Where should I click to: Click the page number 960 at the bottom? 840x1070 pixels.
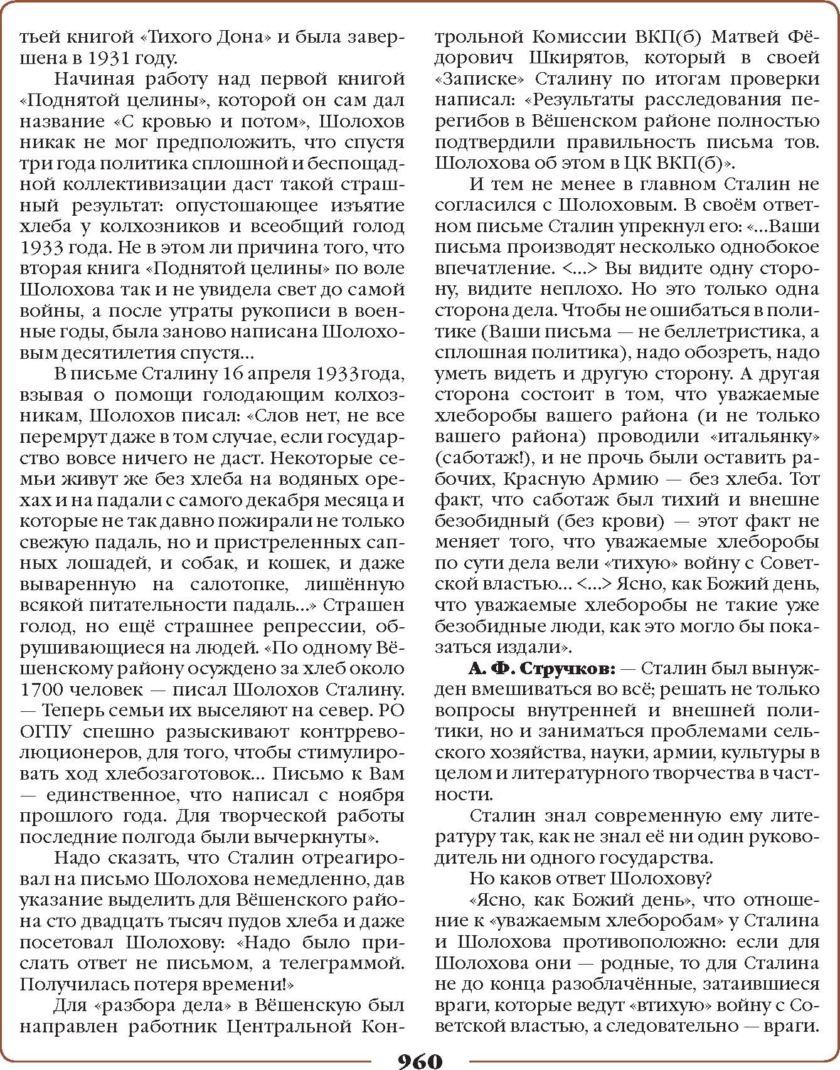(420, 1059)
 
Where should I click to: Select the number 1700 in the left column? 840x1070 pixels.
(43, 690)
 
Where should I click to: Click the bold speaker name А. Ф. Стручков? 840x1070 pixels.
(543, 669)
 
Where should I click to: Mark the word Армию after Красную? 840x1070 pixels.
(625, 479)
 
